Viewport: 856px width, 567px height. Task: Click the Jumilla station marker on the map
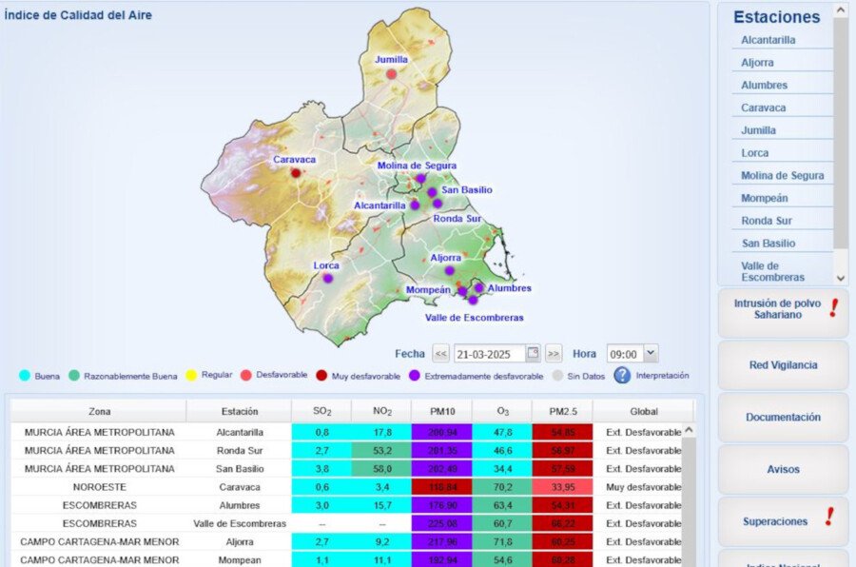[x=391, y=73]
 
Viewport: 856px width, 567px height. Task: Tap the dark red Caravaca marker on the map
[x=296, y=173]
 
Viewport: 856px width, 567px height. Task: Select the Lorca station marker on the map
[x=327, y=279]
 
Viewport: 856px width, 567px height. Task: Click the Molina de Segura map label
[x=417, y=166]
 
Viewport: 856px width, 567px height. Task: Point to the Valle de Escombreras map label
[x=474, y=318]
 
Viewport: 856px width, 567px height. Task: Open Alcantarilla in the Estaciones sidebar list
[x=768, y=40]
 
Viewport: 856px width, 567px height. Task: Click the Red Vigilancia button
[x=783, y=365]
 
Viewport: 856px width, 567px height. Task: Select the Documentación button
[x=783, y=418]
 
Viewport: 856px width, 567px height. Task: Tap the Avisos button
[x=783, y=469]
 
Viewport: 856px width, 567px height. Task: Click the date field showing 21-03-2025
[x=489, y=354]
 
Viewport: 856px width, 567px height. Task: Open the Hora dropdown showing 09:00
[x=632, y=354]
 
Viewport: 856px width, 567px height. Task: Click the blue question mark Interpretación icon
[x=622, y=375]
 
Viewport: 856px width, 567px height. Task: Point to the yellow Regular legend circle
[x=191, y=376]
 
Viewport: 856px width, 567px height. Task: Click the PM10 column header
[x=440, y=412]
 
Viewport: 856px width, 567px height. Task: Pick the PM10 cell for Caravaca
[x=440, y=487]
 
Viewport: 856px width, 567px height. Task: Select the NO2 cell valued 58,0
[x=380, y=468]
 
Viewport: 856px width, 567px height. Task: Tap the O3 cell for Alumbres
[x=503, y=505]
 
